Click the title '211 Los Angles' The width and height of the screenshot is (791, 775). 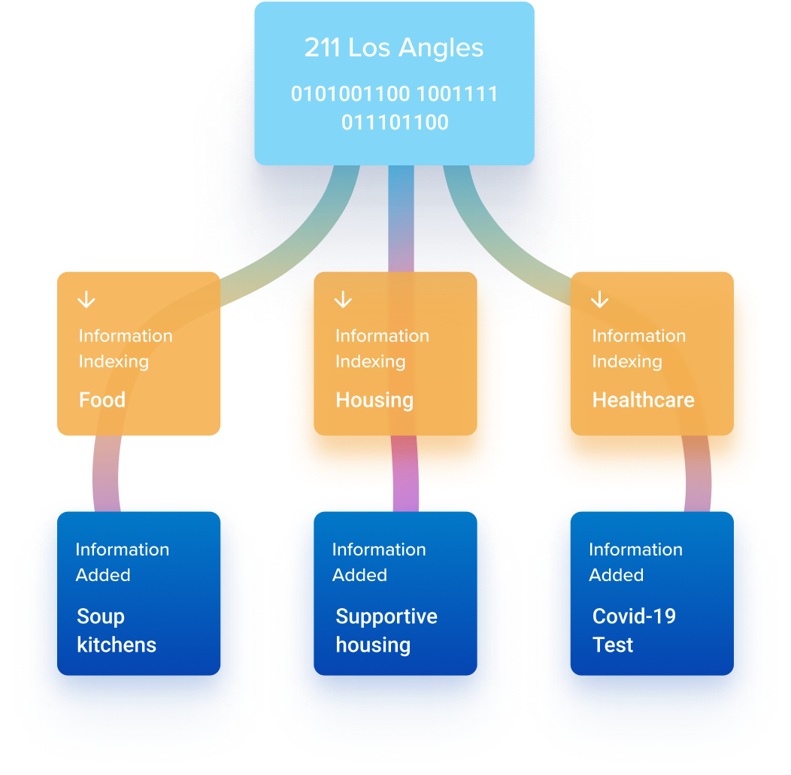(394, 48)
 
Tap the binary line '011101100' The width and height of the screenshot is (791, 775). (395, 122)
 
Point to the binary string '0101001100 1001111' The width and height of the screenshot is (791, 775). (394, 95)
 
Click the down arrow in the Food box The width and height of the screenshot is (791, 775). (86, 300)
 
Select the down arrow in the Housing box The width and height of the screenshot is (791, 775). (343, 300)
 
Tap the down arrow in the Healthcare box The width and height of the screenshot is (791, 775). (599, 300)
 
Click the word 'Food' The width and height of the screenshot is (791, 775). (102, 400)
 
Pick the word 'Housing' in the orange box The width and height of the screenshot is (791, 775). (374, 400)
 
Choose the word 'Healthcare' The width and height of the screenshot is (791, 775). (643, 400)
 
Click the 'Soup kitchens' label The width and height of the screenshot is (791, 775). (117, 631)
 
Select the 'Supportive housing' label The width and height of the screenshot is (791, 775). (386, 631)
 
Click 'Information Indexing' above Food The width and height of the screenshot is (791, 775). (126, 349)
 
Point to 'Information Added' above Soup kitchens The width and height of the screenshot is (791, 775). (122, 562)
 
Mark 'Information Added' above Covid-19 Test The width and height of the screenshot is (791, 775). (635, 562)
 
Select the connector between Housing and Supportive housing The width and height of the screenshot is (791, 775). (405, 474)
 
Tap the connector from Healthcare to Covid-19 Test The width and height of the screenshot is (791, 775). (696, 474)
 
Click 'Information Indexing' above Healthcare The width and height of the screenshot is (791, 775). (638, 349)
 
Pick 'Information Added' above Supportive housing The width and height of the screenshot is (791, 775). (379, 562)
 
